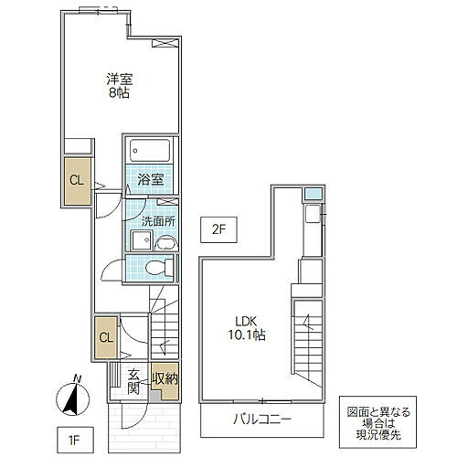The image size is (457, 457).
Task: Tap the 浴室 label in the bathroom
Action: [x=152, y=179]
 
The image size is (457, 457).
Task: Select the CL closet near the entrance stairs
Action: [x=106, y=337]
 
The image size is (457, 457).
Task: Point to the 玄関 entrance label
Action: [x=133, y=379]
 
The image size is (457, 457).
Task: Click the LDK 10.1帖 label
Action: [x=248, y=328]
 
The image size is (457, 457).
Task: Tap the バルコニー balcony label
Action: [x=261, y=420]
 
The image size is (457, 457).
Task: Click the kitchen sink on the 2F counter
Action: [x=312, y=217]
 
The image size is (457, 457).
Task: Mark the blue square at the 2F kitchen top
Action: [x=313, y=194]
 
